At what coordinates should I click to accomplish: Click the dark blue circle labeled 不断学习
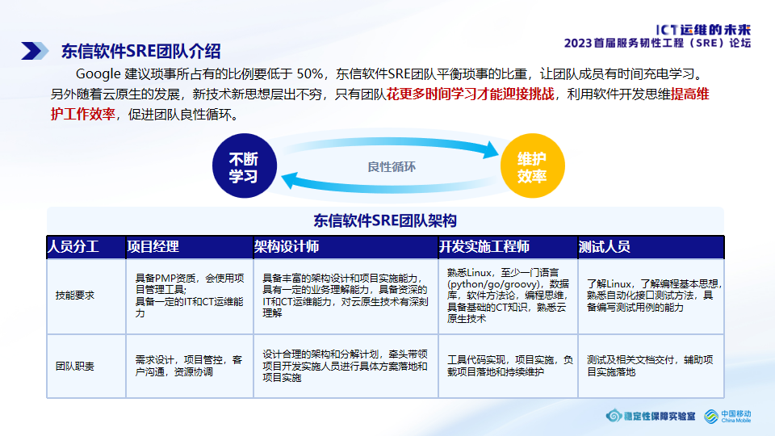(x=243, y=167)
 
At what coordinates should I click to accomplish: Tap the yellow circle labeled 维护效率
(x=532, y=167)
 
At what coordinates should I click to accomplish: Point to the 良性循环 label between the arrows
(x=392, y=167)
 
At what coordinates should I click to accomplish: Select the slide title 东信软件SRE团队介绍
(x=140, y=52)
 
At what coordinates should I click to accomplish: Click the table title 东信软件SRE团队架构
(x=385, y=220)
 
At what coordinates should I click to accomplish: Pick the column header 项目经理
(x=153, y=246)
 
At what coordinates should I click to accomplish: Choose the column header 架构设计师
(x=287, y=246)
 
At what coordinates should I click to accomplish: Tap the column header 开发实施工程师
(x=484, y=246)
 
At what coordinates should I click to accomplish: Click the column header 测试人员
(x=605, y=246)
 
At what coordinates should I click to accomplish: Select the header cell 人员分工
(x=73, y=246)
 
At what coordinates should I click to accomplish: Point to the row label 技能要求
(x=74, y=296)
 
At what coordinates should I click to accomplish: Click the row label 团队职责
(x=74, y=366)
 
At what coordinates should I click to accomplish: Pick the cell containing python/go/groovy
(x=507, y=296)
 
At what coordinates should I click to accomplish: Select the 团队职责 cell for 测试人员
(x=650, y=366)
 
